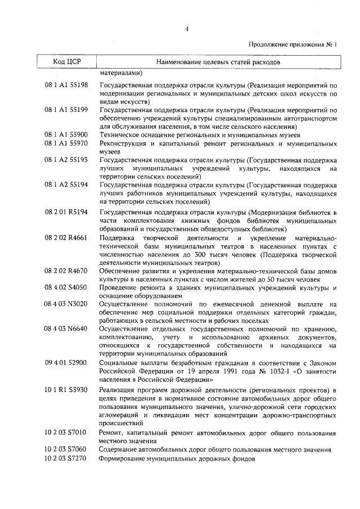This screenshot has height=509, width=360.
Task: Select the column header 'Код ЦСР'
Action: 67,61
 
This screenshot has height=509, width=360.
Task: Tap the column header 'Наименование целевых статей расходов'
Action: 218,61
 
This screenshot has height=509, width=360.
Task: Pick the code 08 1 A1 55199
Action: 66,110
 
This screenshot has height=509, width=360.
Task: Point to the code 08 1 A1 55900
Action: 66,135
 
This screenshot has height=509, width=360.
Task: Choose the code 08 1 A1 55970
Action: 66,143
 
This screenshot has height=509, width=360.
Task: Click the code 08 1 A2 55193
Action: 66,160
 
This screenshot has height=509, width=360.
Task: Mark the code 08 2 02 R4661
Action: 66,238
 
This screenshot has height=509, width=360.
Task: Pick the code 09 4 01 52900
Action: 66,363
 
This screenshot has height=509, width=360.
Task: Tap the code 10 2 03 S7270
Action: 66,458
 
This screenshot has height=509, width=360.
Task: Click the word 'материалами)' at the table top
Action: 121,73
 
